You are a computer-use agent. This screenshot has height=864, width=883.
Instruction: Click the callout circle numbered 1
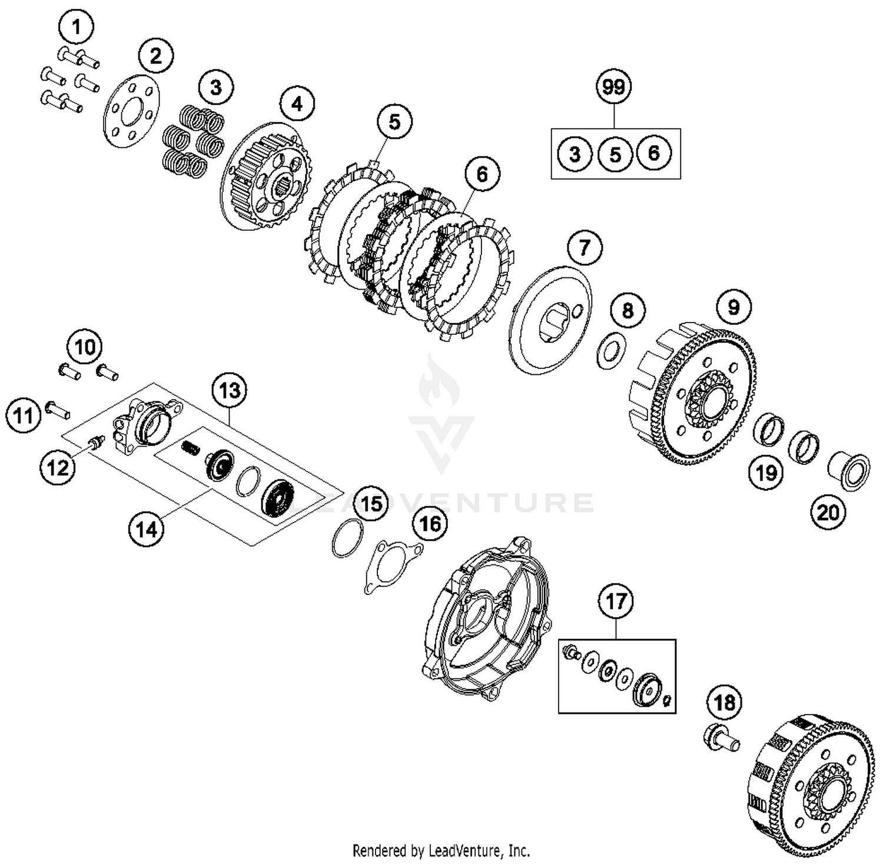76,27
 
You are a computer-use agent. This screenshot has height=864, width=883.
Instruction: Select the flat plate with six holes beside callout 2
131,111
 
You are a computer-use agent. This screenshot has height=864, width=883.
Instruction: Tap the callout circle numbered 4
297,104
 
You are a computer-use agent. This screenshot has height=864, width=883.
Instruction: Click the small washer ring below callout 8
612,351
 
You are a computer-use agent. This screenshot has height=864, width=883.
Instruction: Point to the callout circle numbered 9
733,307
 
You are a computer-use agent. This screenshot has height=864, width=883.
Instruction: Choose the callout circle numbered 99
614,87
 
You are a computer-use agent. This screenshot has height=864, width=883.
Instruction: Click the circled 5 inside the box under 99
615,155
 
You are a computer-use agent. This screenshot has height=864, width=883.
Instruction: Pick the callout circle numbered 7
583,247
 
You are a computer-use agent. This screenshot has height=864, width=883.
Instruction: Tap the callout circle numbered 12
58,468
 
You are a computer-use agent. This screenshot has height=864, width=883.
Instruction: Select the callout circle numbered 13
230,390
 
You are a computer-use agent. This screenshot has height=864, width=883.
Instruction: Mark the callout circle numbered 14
147,529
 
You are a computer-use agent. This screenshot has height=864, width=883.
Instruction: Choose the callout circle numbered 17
616,602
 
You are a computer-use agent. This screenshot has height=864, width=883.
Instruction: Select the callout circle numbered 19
766,473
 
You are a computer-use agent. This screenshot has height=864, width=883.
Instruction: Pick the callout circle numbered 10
85,347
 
